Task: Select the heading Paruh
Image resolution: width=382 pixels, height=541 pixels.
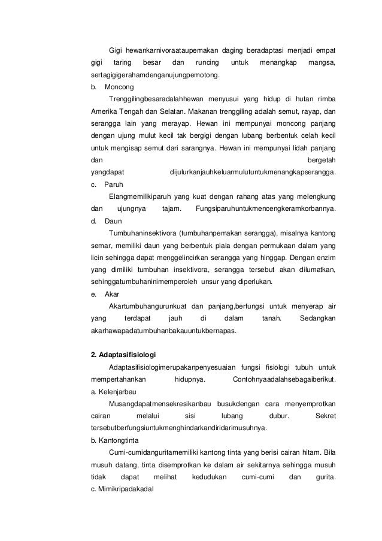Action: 114,185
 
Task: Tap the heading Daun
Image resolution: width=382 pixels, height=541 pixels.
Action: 113,221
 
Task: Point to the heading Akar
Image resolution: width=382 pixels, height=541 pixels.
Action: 111,295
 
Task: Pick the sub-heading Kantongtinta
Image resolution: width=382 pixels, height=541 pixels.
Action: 118,442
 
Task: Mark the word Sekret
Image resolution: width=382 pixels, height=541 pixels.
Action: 325,416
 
